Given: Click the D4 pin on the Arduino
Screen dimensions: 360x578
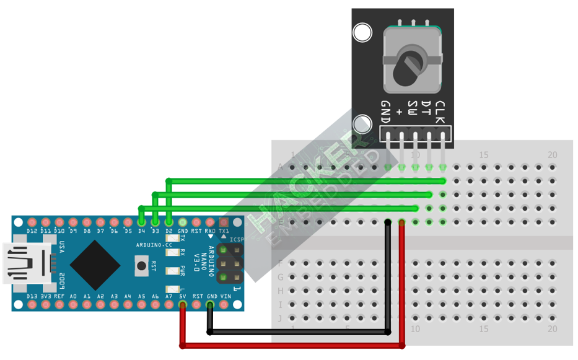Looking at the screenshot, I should tap(141, 222).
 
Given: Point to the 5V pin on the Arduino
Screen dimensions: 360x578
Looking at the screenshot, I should tap(183, 305).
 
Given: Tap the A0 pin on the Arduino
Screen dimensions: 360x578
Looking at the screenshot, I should tap(73, 305).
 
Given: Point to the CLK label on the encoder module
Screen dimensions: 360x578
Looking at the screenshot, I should tap(440, 112).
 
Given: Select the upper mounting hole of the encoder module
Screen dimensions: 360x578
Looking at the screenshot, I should tap(362, 32).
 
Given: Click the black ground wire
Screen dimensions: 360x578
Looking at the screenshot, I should tap(297, 333).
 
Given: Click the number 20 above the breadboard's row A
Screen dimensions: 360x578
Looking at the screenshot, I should tap(553, 154).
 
